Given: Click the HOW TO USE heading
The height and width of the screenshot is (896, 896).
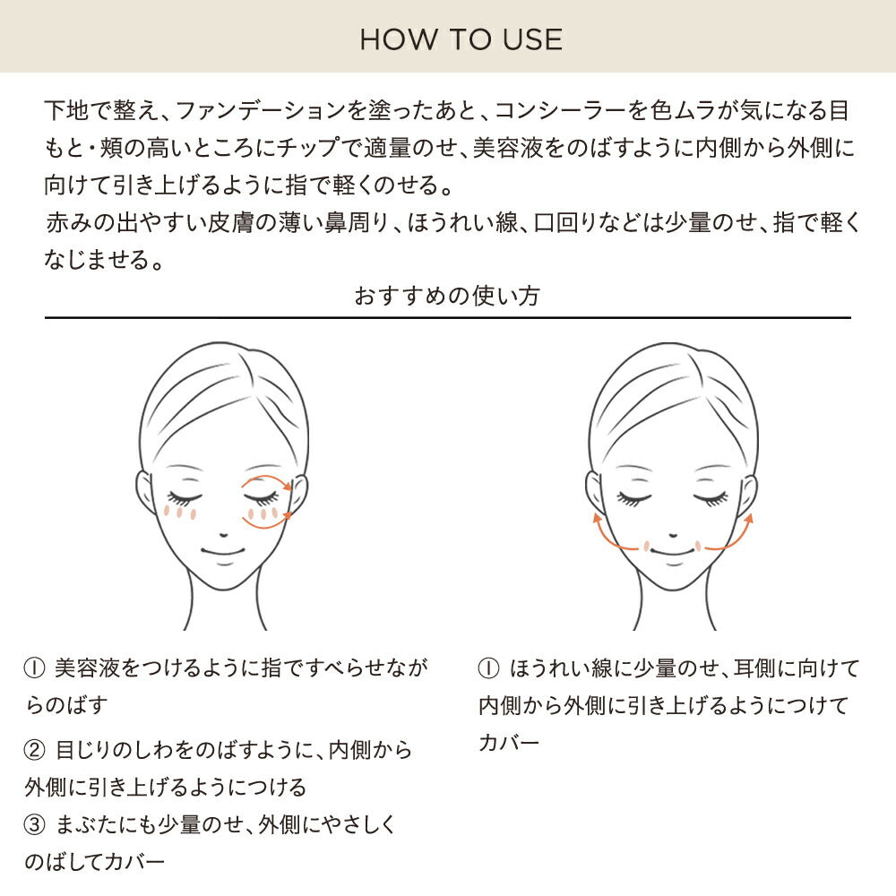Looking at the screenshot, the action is click(461, 39).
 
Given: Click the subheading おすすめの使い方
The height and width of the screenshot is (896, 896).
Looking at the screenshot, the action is click(447, 296).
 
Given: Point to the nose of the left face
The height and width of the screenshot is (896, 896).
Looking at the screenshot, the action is click(223, 535).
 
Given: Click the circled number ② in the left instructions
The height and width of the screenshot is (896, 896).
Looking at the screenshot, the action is click(34, 750).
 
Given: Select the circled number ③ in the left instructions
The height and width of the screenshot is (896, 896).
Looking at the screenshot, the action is click(34, 824).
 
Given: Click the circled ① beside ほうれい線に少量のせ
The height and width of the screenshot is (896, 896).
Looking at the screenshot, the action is click(488, 668).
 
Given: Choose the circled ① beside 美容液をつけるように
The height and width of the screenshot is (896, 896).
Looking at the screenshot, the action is click(34, 668).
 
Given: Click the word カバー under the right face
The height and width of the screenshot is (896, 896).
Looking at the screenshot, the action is click(509, 743).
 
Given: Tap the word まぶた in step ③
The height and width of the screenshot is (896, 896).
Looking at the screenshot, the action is click(89, 824).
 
